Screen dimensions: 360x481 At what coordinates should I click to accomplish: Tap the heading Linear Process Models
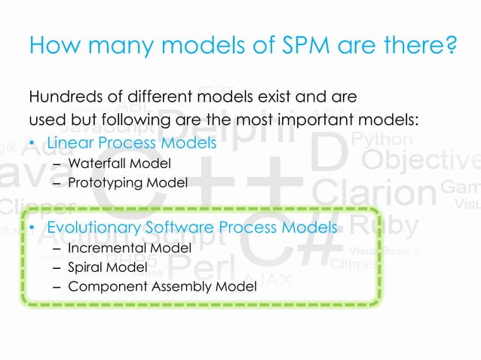tap(132, 142)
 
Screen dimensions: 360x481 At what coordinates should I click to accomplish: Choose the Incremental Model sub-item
tap(129, 247)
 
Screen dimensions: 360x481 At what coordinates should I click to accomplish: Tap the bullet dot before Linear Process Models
tap(32, 142)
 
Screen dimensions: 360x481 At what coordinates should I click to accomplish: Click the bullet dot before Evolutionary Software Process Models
tap(32, 227)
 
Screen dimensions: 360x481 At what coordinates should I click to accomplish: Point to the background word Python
tap(382, 139)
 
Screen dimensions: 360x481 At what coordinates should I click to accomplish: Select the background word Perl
tap(199, 266)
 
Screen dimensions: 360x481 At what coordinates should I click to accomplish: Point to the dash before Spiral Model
tap(58, 267)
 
